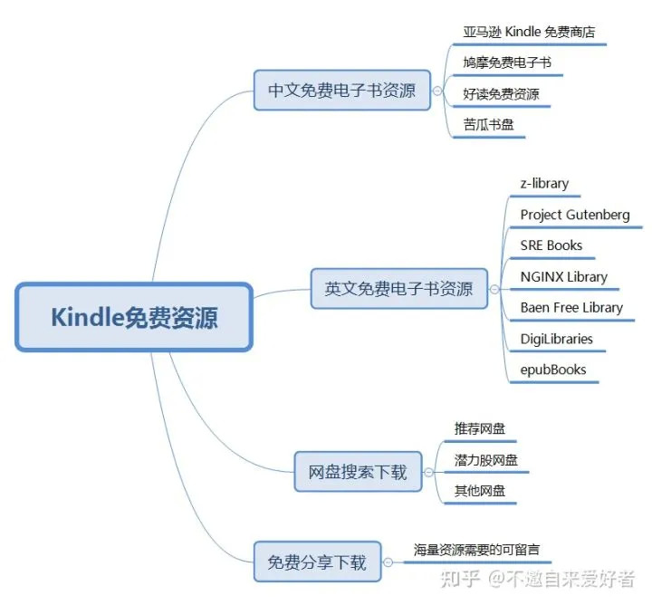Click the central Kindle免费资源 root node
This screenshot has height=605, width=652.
click(134, 317)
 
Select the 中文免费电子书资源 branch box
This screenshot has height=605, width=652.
click(341, 91)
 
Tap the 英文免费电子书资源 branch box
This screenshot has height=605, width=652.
click(399, 289)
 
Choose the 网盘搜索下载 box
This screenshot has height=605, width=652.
click(358, 472)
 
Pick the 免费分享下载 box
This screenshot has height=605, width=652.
click(317, 562)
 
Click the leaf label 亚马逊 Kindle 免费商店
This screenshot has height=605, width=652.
click(529, 32)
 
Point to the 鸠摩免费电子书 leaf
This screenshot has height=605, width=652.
click(507, 62)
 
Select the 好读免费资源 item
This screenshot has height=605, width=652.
click(501, 94)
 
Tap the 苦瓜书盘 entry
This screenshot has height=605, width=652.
click(489, 124)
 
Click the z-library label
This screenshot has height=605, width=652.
click(544, 183)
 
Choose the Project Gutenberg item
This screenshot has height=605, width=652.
click(575, 215)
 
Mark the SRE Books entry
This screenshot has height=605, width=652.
click(551, 245)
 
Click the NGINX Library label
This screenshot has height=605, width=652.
click(564, 276)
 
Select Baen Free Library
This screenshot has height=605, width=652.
click(571, 307)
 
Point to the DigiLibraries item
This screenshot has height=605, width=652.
click(556, 339)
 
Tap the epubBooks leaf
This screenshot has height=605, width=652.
click(553, 370)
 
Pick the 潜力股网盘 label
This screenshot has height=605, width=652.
click(485, 460)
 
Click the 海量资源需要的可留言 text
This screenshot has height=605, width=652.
click(476, 550)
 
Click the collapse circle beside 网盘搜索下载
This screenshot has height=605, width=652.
click(428, 472)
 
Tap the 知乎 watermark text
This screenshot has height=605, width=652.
click(460, 579)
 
